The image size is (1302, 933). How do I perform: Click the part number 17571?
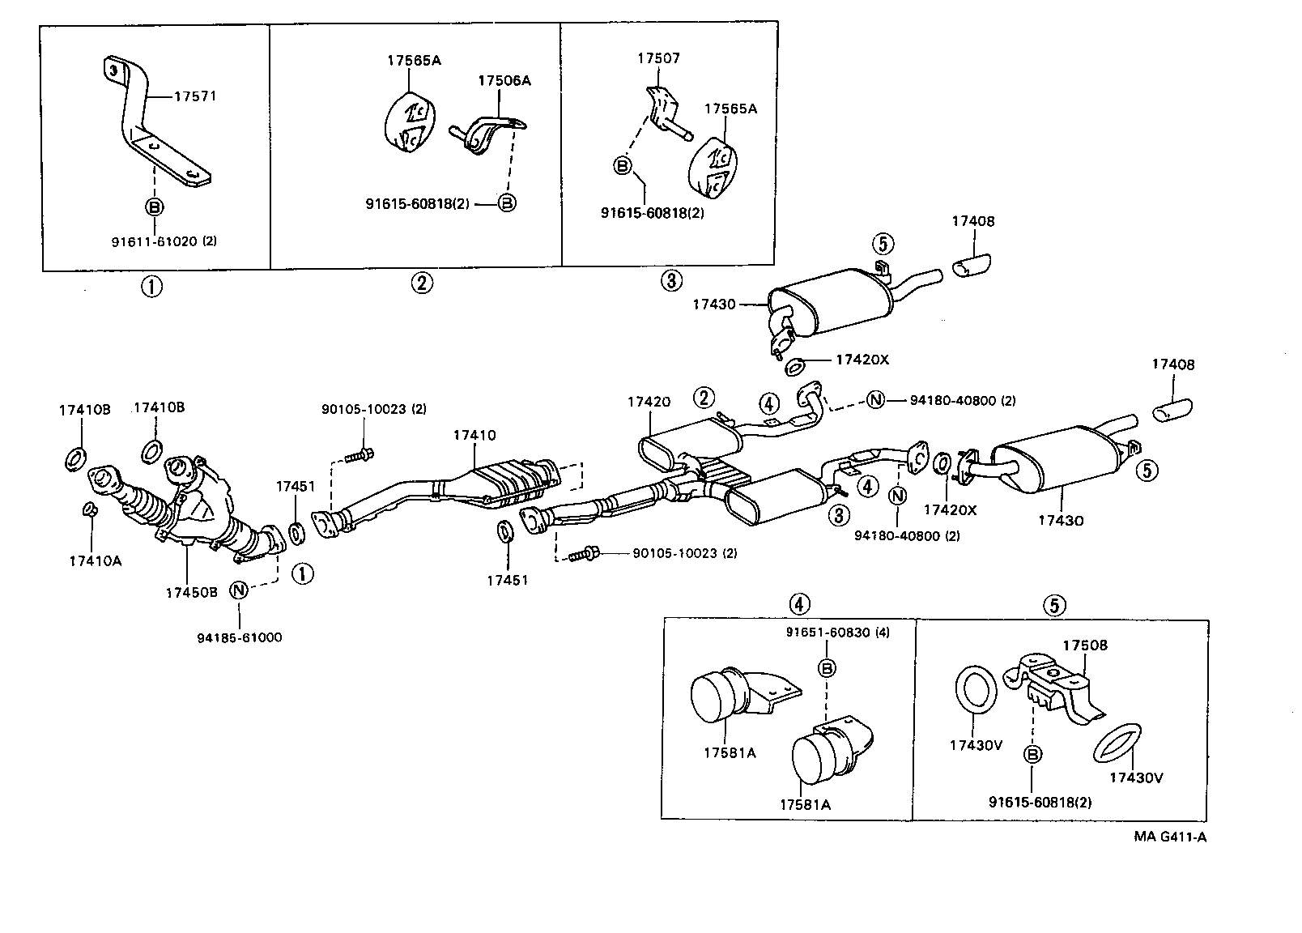click(x=195, y=96)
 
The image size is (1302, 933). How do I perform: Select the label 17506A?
click(x=504, y=80)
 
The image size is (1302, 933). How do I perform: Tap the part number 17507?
click(x=658, y=58)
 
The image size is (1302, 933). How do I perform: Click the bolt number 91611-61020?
click(x=155, y=241)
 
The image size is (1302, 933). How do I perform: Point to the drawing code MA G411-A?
click(x=1169, y=837)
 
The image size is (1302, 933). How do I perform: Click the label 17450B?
click(x=191, y=592)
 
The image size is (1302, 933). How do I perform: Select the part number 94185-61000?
click(x=239, y=637)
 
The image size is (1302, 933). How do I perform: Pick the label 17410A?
click(x=95, y=560)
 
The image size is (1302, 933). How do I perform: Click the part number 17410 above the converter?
click(x=474, y=435)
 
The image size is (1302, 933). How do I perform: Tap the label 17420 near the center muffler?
click(x=648, y=401)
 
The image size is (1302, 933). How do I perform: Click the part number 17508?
click(x=1084, y=645)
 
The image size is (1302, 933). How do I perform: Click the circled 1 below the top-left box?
click(x=151, y=286)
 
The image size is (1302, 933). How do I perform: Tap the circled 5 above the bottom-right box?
click(x=1053, y=604)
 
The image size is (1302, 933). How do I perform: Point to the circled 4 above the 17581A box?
click(x=798, y=603)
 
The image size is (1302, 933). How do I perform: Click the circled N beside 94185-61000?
click(x=239, y=590)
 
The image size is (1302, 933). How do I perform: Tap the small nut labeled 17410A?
click(x=91, y=509)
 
